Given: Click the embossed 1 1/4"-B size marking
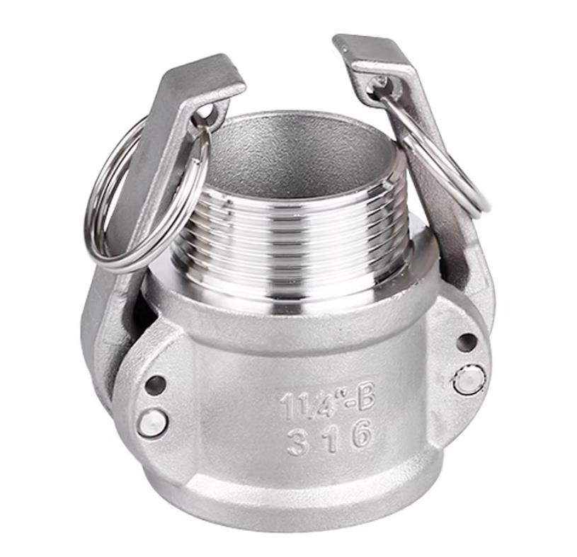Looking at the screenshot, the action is pyautogui.click(x=327, y=403).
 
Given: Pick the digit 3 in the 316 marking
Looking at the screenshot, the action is pyautogui.click(x=297, y=442).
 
